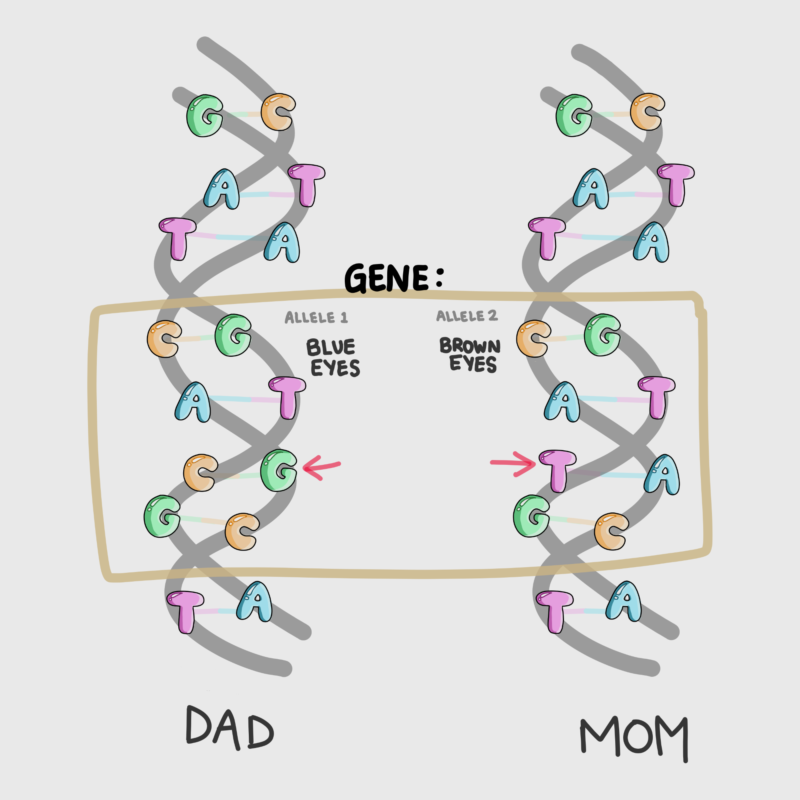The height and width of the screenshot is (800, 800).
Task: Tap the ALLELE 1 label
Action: (316, 318)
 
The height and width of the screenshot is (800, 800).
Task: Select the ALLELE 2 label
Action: (467, 316)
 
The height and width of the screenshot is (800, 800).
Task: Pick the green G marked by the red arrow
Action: (279, 470)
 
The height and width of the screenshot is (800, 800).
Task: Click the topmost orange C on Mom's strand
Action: (647, 112)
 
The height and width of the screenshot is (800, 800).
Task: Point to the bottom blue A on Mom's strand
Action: (624, 601)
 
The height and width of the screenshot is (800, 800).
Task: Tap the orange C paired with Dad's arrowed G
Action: (200, 473)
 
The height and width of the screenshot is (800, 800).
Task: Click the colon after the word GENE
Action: (439, 278)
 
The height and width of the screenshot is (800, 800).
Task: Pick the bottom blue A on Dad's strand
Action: (255, 602)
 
